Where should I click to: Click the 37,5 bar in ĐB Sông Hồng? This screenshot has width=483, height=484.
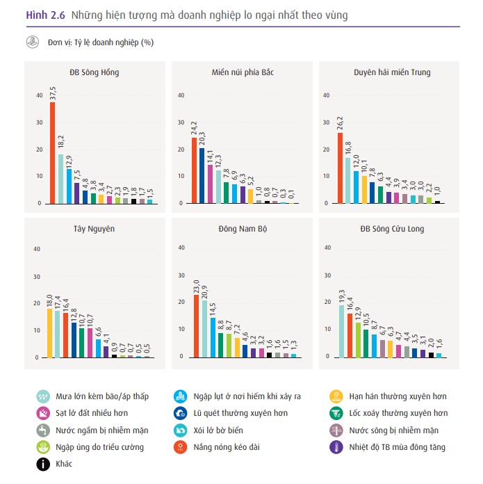pos(52,153)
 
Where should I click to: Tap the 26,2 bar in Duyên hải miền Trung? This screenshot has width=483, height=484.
pos(340,168)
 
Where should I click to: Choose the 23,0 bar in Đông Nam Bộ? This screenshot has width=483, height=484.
pos(196,325)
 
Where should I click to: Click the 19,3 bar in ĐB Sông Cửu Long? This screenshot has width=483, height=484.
pos(341,330)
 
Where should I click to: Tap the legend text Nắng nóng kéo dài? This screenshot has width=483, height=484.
pos(228,447)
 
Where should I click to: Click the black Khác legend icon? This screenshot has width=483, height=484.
pos(43,464)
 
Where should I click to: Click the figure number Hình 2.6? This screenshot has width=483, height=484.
pos(45,14)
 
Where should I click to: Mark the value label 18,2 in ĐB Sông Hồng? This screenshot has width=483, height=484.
pos(61,143)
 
